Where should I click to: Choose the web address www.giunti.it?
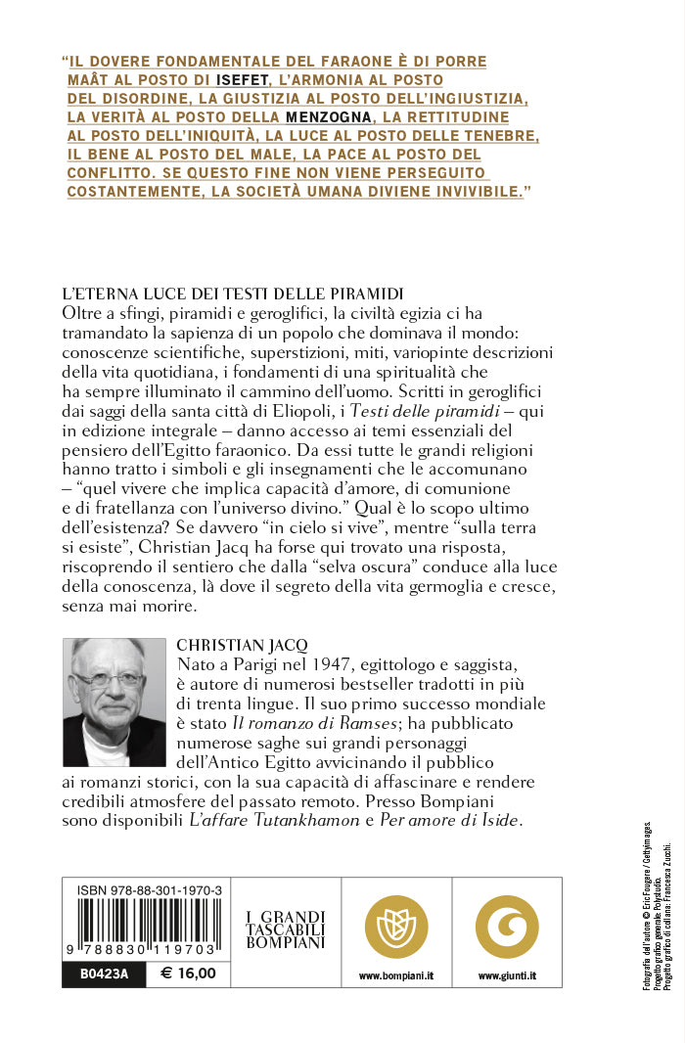click(507, 975)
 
